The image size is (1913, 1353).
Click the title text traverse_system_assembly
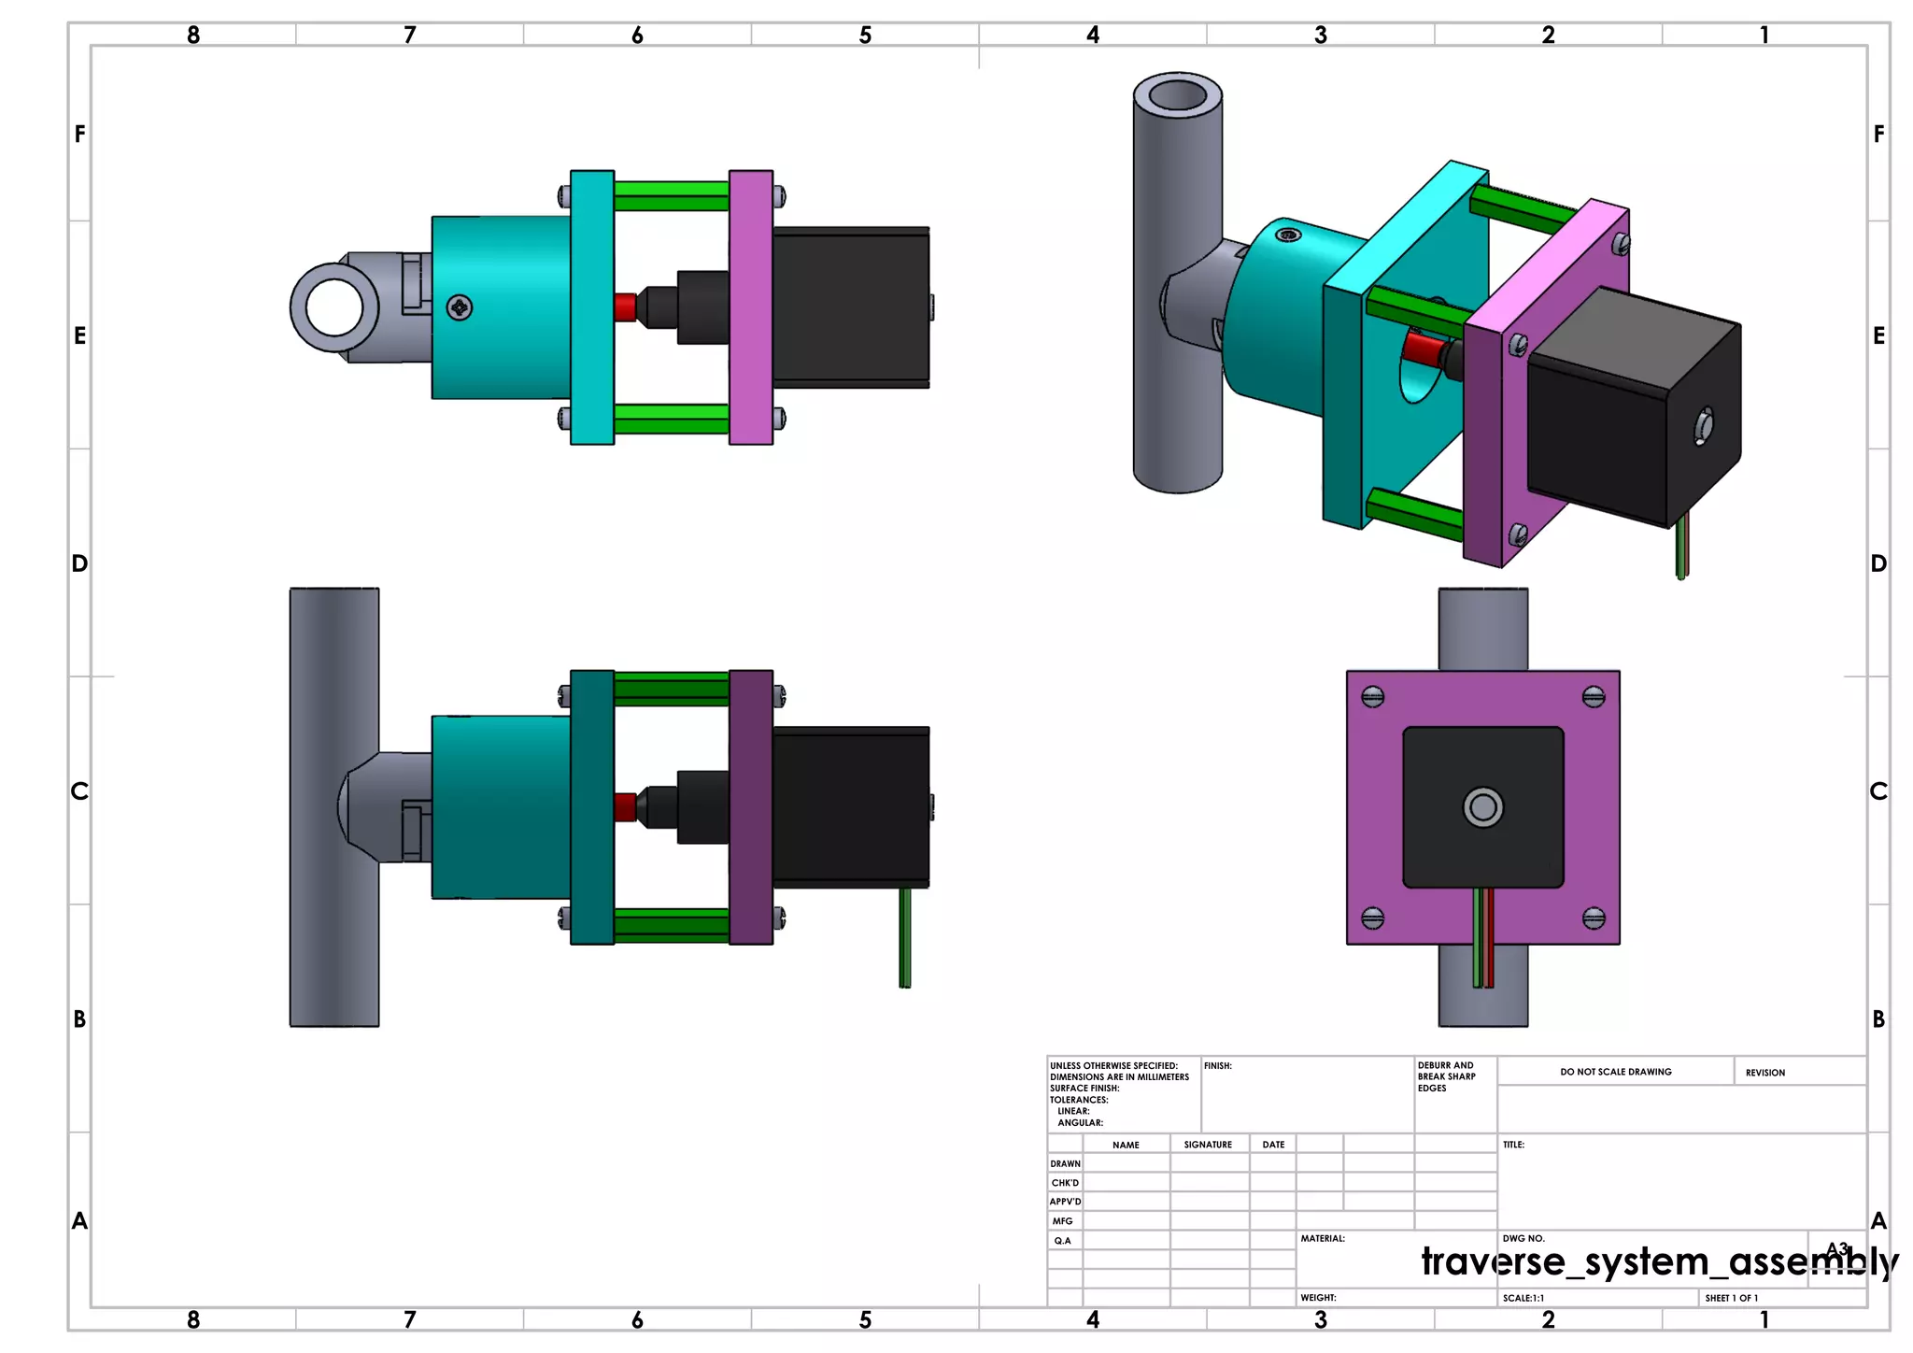1659,1262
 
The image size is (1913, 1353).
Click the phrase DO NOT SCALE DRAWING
1615,1072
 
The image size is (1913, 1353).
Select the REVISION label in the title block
1764,1073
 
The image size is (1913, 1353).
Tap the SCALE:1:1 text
1523,1298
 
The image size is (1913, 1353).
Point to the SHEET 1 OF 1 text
1731,1298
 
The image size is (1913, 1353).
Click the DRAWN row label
1065,1163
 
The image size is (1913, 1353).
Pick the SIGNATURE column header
1207,1145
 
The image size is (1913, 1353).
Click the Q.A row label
1062,1241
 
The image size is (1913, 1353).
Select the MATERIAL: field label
1323,1239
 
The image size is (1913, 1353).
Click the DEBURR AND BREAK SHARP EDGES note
1446,1076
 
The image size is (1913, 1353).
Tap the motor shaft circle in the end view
1482,807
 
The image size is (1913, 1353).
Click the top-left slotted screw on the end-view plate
1372,697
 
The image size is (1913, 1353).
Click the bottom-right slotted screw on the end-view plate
1594,919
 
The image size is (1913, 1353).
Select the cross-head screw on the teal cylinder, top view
459,307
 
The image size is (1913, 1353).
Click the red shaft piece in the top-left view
625,307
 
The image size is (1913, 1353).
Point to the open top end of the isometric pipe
1177,95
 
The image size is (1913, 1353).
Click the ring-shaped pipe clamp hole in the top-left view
333,307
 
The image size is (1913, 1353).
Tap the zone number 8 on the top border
193,36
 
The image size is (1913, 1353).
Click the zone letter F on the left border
80,135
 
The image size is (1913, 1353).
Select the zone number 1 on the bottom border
1764,1319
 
